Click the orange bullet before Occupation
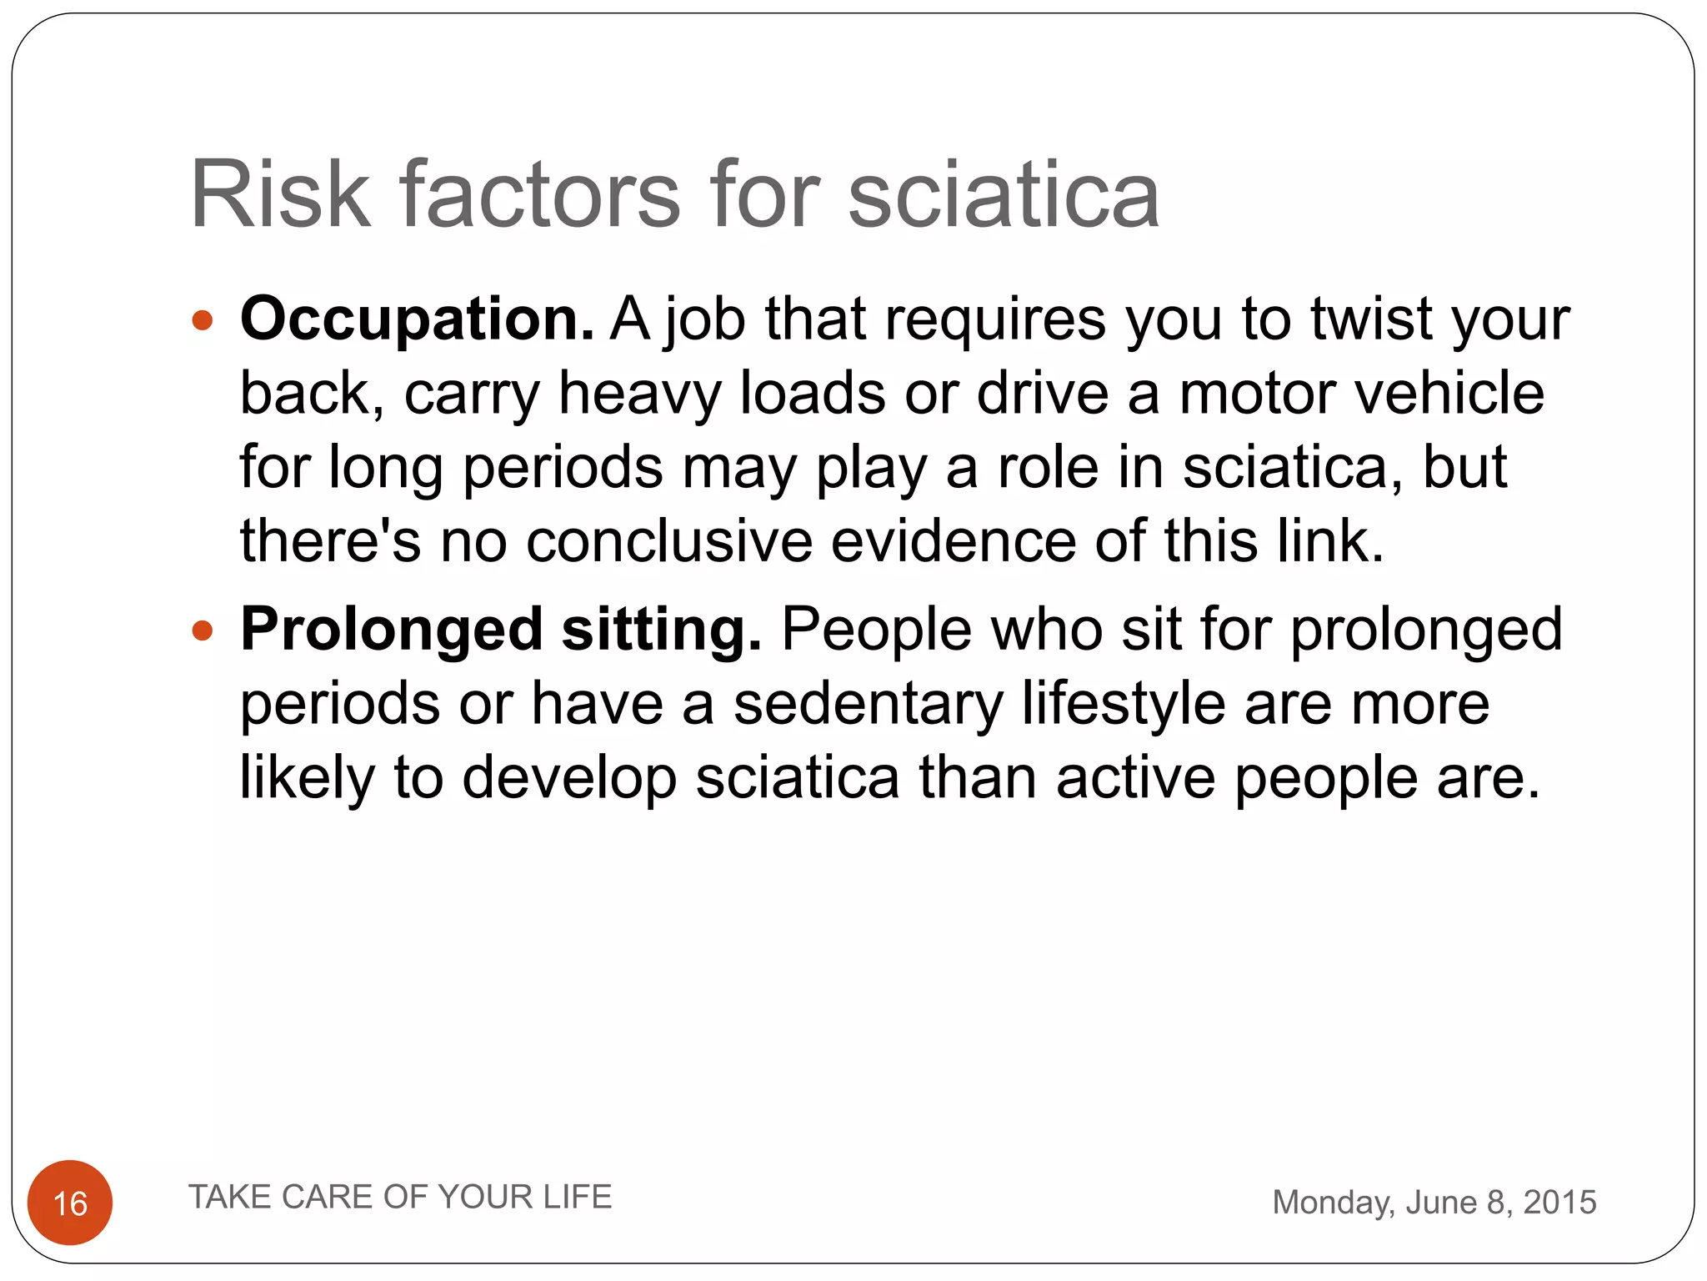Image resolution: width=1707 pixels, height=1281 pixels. pyautogui.click(x=203, y=320)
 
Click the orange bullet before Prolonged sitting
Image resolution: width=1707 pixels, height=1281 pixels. pyautogui.click(x=203, y=630)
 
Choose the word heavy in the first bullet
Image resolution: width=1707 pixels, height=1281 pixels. pyautogui.click(x=639, y=394)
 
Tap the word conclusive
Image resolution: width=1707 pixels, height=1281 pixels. pyautogui.click(x=668, y=542)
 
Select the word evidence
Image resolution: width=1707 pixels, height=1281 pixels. pyautogui.click(x=953, y=542)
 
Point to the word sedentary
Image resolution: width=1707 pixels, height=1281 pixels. pyautogui.click(x=868, y=704)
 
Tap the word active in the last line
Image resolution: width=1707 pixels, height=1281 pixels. pyautogui.click(x=1135, y=778)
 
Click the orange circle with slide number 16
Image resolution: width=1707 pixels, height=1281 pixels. pyautogui.click(x=70, y=1203)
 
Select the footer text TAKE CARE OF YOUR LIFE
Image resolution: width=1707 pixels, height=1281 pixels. pyautogui.click(x=400, y=1197)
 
